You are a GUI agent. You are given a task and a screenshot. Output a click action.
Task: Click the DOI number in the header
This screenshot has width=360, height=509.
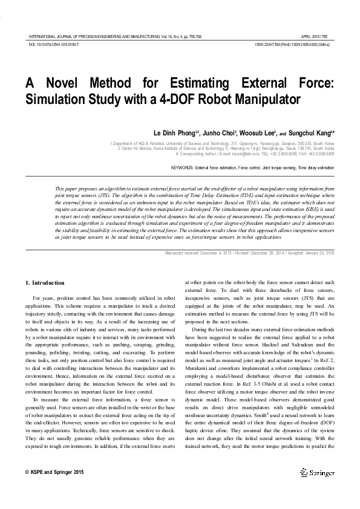(x=54, y=45)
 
